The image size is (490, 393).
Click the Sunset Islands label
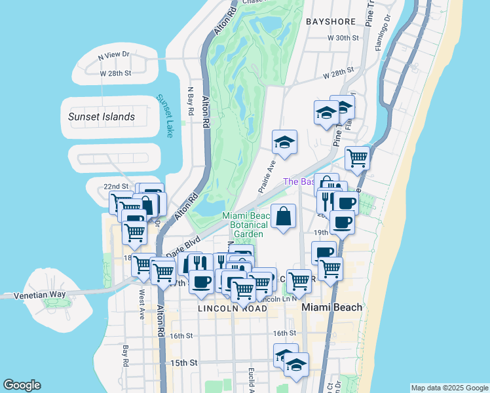[102, 117]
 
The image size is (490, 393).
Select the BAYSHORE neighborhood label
[332, 22]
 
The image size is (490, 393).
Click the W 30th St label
[344, 39]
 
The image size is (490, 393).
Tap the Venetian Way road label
[41, 295]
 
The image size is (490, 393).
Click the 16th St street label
[181, 335]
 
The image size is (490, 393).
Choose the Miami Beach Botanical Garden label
[246, 225]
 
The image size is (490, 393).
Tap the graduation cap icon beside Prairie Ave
[285, 143]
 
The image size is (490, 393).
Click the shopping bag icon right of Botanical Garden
[283, 216]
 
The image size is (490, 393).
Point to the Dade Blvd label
[183, 247]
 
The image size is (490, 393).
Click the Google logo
[22, 385]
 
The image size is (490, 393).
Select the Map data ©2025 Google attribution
[449, 388]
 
